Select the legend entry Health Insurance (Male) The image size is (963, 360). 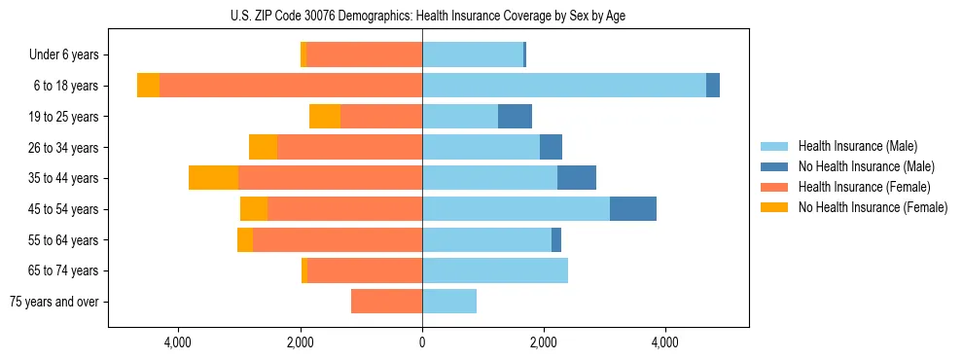[x=857, y=146]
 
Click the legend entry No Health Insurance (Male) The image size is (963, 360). [x=863, y=166]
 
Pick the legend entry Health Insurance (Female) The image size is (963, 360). [x=864, y=187]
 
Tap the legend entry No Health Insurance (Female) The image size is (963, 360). [x=872, y=207]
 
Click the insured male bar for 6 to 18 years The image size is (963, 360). [x=564, y=86]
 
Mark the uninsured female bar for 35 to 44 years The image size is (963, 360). [x=213, y=178]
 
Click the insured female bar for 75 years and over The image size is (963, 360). [x=386, y=302]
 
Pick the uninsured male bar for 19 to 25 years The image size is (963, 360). [x=515, y=117]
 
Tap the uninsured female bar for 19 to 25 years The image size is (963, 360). [x=325, y=117]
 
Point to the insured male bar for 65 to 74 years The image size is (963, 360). [x=494, y=270]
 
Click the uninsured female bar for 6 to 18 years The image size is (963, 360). [x=148, y=86]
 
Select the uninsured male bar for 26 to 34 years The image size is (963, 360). [x=551, y=147]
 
